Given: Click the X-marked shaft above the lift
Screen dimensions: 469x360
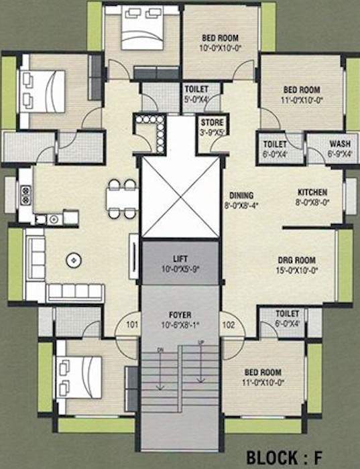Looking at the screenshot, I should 180,198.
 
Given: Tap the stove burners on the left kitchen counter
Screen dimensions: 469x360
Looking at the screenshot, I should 26,194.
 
